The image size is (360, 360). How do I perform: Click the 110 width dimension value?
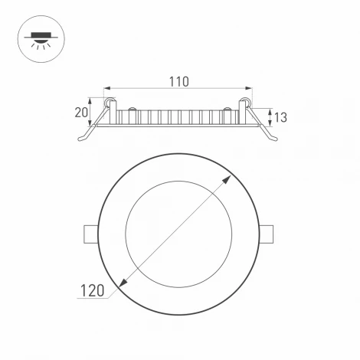178,81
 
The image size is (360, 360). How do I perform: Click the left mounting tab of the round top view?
90,233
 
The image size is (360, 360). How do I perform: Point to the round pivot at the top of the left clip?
110,101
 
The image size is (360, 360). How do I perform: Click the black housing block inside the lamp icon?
40,34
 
